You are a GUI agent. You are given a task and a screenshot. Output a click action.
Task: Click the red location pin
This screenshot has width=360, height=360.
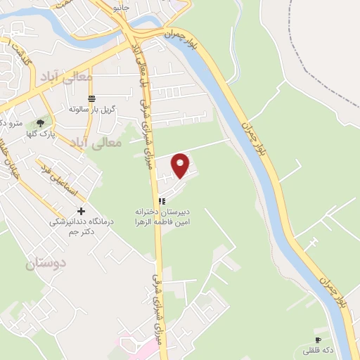click(x=181, y=165)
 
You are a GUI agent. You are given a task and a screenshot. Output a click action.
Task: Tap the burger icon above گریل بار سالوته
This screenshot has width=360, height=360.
click(x=91, y=98)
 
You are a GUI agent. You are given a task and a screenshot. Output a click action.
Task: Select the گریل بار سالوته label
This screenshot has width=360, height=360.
click(x=91, y=110)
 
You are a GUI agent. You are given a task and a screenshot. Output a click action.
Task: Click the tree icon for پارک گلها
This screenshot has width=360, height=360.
click(x=40, y=124)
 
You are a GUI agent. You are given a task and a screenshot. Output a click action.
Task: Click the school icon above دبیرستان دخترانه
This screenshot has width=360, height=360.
click(x=162, y=200)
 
